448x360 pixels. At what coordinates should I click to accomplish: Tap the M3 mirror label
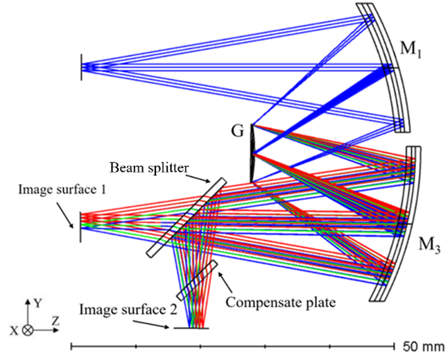click(429, 245)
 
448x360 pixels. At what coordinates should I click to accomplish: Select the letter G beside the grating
click(238, 130)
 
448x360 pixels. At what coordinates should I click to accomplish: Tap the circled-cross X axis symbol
click(27, 331)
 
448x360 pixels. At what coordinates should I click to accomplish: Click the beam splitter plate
click(187, 217)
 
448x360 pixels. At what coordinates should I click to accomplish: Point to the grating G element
click(252, 153)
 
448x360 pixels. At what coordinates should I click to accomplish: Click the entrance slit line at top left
click(82, 67)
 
